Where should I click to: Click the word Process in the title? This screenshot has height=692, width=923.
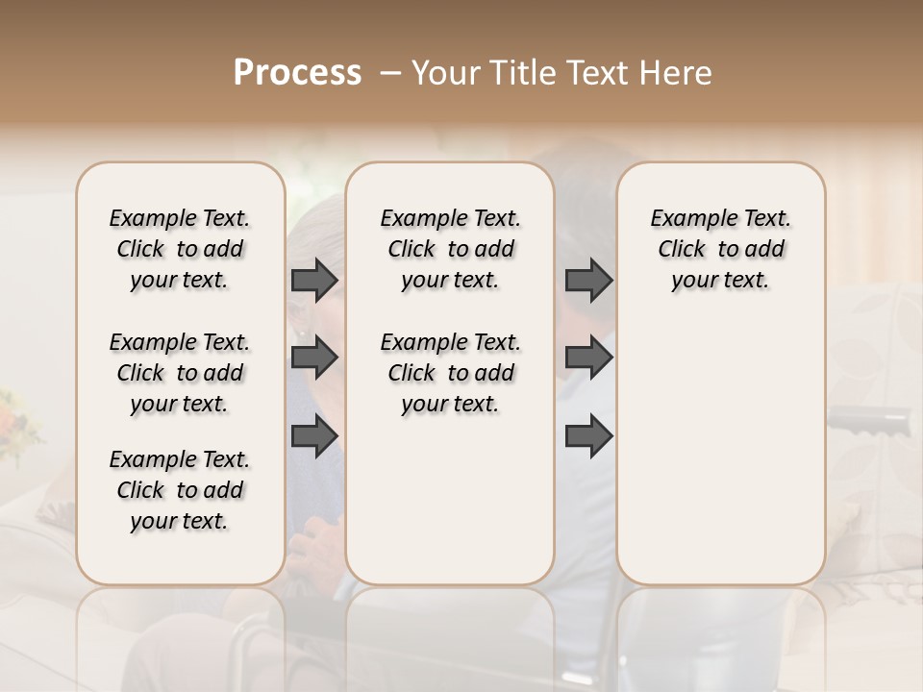pyautogui.click(x=297, y=73)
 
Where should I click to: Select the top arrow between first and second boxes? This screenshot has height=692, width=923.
pyautogui.click(x=314, y=280)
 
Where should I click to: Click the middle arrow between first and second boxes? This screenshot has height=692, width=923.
pyautogui.click(x=314, y=358)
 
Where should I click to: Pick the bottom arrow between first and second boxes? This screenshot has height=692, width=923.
pyautogui.click(x=314, y=435)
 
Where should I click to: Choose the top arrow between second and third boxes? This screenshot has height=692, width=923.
pyautogui.click(x=588, y=280)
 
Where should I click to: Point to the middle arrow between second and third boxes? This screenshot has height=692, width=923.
pyautogui.click(x=588, y=358)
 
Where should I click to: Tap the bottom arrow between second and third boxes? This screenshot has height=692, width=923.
pyautogui.click(x=588, y=435)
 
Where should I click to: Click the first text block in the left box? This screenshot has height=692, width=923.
pyautogui.click(x=180, y=249)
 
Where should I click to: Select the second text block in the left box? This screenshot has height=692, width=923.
pyautogui.click(x=180, y=373)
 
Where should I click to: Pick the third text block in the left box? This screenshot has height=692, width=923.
pyautogui.click(x=180, y=490)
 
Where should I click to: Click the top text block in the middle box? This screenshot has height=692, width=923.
pyautogui.click(x=450, y=249)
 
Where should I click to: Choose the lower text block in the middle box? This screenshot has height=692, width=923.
pyautogui.click(x=450, y=373)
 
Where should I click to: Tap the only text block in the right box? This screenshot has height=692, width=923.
pyautogui.click(x=721, y=249)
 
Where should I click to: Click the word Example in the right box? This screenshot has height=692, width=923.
pyautogui.click(x=686, y=219)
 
